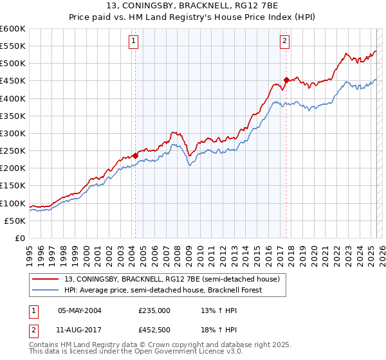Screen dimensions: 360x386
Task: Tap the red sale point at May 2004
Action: point(136,156)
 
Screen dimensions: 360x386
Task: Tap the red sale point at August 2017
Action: point(286,80)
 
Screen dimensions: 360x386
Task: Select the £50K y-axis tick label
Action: point(15,221)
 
